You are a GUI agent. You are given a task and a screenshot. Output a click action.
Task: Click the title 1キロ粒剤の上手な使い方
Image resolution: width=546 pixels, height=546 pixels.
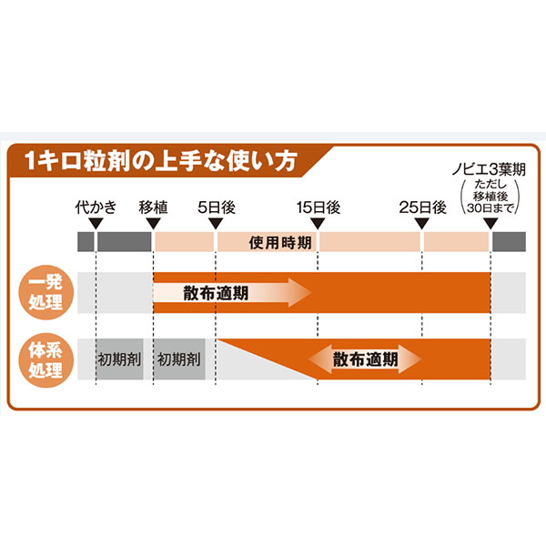[x=161, y=161]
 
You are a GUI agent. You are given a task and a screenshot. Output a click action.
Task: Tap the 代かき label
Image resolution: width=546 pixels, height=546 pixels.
[x=96, y=207]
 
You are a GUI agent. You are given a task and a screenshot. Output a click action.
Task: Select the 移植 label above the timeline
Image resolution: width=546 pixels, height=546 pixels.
[x=153, y=207]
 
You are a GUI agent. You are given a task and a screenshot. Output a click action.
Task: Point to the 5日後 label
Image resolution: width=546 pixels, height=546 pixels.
[x=217, y=207]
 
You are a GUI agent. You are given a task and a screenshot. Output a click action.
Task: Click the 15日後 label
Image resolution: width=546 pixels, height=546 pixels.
[x=318, y=207]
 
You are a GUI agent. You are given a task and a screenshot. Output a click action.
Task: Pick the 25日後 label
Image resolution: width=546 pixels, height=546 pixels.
[x=422, y=207]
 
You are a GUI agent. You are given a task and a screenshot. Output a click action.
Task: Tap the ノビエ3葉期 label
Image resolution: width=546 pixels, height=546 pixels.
[x=489, y=169]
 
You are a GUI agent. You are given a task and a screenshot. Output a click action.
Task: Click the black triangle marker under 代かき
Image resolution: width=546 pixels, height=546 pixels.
[x=96, y=224]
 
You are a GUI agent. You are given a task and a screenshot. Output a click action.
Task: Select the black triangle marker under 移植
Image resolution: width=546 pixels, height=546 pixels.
[x=153, y=224]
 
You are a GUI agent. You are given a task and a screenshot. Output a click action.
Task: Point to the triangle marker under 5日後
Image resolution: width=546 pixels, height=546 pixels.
[x=216, y=224]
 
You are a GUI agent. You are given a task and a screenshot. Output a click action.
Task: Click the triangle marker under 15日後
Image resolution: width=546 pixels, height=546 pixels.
[x=318, y=224]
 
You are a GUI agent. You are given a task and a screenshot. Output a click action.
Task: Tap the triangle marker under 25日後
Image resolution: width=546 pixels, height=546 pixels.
[x=421, y=224]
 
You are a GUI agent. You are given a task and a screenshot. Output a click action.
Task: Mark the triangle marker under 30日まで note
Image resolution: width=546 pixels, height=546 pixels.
[x=490, y=224]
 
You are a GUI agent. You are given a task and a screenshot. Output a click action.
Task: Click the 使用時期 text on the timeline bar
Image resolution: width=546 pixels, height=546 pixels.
[x=280, y=242]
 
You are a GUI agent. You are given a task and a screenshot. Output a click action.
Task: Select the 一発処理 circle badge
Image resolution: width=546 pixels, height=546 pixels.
[x=46, y=292]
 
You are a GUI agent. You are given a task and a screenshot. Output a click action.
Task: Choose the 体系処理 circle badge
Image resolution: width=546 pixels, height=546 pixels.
[x=46, y=360]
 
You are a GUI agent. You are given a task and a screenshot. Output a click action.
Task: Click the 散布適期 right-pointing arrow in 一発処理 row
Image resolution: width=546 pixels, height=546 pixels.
[x=232, y=292]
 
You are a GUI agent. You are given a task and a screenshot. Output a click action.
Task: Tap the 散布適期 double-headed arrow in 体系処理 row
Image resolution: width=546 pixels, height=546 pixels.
[x=365, y=359]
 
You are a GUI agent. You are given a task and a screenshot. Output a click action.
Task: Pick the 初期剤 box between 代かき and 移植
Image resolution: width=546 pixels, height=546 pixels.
[x=119, y=359]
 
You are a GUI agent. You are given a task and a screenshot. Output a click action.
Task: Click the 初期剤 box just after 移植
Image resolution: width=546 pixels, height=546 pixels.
[x=179, y=359]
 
